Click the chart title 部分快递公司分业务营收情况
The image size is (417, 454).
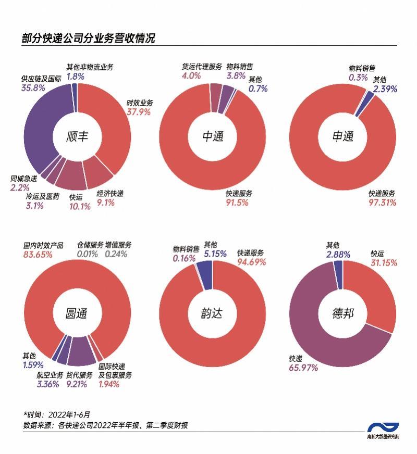[89, 39]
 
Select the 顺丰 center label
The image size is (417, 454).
[78, 137]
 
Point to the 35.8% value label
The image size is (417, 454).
[33, 88]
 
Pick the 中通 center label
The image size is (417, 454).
[213, 137]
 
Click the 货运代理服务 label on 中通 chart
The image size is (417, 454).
[202, 67]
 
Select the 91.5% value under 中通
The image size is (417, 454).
[237, 203]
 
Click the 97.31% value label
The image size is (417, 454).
[382, 203]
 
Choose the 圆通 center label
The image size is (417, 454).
[77, 313]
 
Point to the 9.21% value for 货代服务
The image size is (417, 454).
[77, 385]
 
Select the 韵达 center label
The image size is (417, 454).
[212, 313]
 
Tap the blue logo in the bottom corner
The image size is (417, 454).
[383, 428]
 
